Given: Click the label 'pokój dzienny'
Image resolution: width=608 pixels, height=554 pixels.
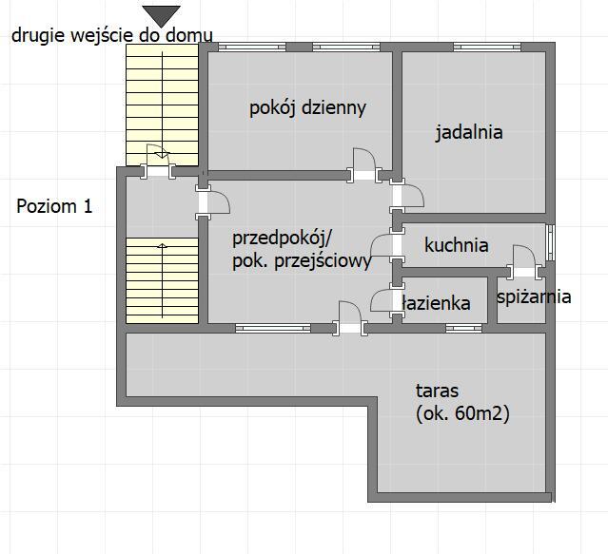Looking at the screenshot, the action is pyautogui.click(x=307, y=108).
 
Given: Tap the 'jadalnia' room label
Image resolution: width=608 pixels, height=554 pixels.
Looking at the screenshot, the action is pyautogui.click(x=469, y=132).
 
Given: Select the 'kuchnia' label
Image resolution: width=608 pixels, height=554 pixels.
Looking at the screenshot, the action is pyautogui.click(x=457, y=245).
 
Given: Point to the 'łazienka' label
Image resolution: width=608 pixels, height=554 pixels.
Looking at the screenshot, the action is pyautogui.click(x=436, y=303).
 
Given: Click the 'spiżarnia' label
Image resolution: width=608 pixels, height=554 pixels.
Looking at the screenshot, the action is pyautogui.click(x=534, y=296).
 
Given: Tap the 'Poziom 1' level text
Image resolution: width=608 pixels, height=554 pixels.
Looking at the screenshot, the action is pyautogui.click(x=54, y=206).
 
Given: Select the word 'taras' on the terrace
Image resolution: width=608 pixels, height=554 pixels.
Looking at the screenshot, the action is pyautogui.click(x=437, y=391).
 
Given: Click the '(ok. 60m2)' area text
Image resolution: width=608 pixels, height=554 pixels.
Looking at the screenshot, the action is pyautogui.click(x=462, y=414).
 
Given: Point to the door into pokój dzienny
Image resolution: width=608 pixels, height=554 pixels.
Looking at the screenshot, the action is pyautogui.click(x=364, y=165).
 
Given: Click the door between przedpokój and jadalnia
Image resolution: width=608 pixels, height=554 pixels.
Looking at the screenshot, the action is pyautogui.click(x=406, y=197).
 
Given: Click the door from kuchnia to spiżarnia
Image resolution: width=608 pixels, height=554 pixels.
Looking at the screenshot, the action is pyautogui.click(x=524, y=262).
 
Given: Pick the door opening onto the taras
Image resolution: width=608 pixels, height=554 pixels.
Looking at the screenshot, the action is pyautogui.click(x=350, y=318).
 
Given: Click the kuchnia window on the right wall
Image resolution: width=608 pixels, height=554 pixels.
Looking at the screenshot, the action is pyautogui.click(x=550, y=242).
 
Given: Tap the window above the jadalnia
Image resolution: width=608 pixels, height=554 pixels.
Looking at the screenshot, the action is pyautogui.click(x=487, y=47).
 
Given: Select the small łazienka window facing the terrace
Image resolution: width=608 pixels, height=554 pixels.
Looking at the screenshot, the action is pyautogui.click(x=463, y=329).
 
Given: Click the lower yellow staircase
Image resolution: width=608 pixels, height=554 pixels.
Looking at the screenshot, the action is pyautogui.click(x=162, y=280).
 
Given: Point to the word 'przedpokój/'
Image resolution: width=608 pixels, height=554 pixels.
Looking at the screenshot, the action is pyautogui.click(x=282, y=239).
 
